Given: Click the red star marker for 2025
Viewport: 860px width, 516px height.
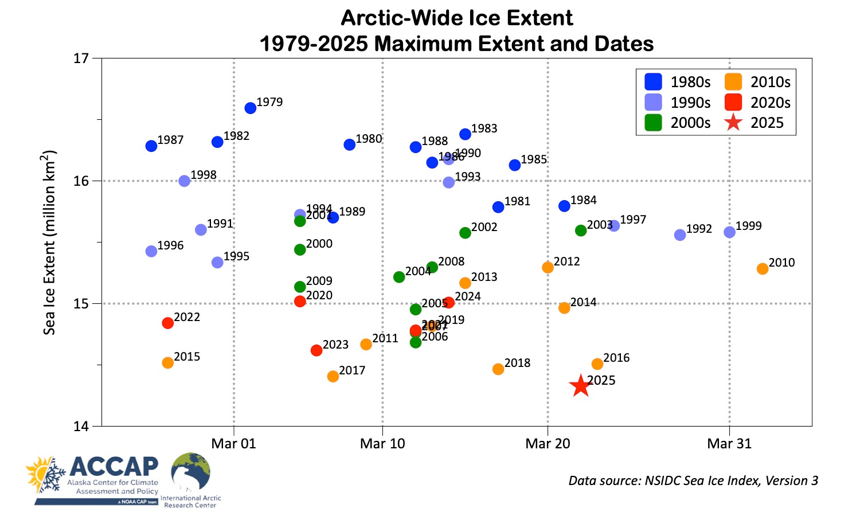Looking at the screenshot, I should click(580, 386).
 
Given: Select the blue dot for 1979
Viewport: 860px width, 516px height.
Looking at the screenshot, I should click(251, 108).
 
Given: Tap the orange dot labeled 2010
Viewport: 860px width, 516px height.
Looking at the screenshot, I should click(762, 269).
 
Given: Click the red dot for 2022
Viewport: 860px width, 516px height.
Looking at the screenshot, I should click(167, 323).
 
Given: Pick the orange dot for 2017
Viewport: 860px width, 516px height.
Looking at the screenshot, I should click(333, 376).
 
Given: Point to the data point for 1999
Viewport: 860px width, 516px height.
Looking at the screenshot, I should click(729, 232).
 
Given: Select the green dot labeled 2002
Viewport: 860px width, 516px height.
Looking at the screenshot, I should click(465, 233).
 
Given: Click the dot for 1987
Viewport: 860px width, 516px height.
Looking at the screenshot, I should click(151, 146).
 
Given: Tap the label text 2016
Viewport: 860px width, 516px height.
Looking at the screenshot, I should click(616, 358).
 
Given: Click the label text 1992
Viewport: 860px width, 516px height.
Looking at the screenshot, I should click(699, 229).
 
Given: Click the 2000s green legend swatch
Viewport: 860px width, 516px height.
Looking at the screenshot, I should click(653, 123).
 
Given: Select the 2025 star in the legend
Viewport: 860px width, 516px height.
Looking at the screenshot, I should click(733, 123).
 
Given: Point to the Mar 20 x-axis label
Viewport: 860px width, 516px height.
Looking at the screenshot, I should click(548, 443).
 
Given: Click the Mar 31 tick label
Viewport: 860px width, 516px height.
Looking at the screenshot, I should click(729, 443).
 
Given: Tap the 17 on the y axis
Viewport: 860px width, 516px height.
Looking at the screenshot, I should click(82, 58).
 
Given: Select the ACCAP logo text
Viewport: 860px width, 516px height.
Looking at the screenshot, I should click(114, 467).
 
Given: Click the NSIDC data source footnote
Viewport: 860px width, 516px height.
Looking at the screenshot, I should click(693, 480).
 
